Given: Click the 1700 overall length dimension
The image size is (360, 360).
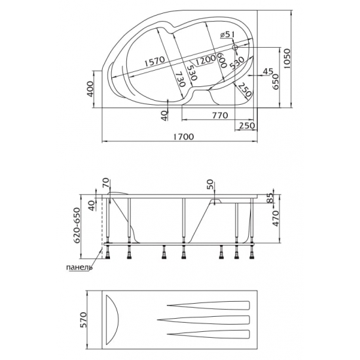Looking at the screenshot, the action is coord(183,137).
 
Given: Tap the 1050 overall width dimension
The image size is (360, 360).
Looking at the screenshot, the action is coord(287,58).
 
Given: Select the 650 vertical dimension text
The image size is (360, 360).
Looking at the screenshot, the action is coord(276,82).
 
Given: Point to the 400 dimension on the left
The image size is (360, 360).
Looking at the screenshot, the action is coord(91,89).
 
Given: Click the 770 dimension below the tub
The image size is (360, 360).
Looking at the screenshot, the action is coord(220,115).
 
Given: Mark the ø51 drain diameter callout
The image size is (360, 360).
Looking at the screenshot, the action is coord(226,35).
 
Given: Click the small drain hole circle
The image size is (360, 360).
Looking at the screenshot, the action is coord(235,48).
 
